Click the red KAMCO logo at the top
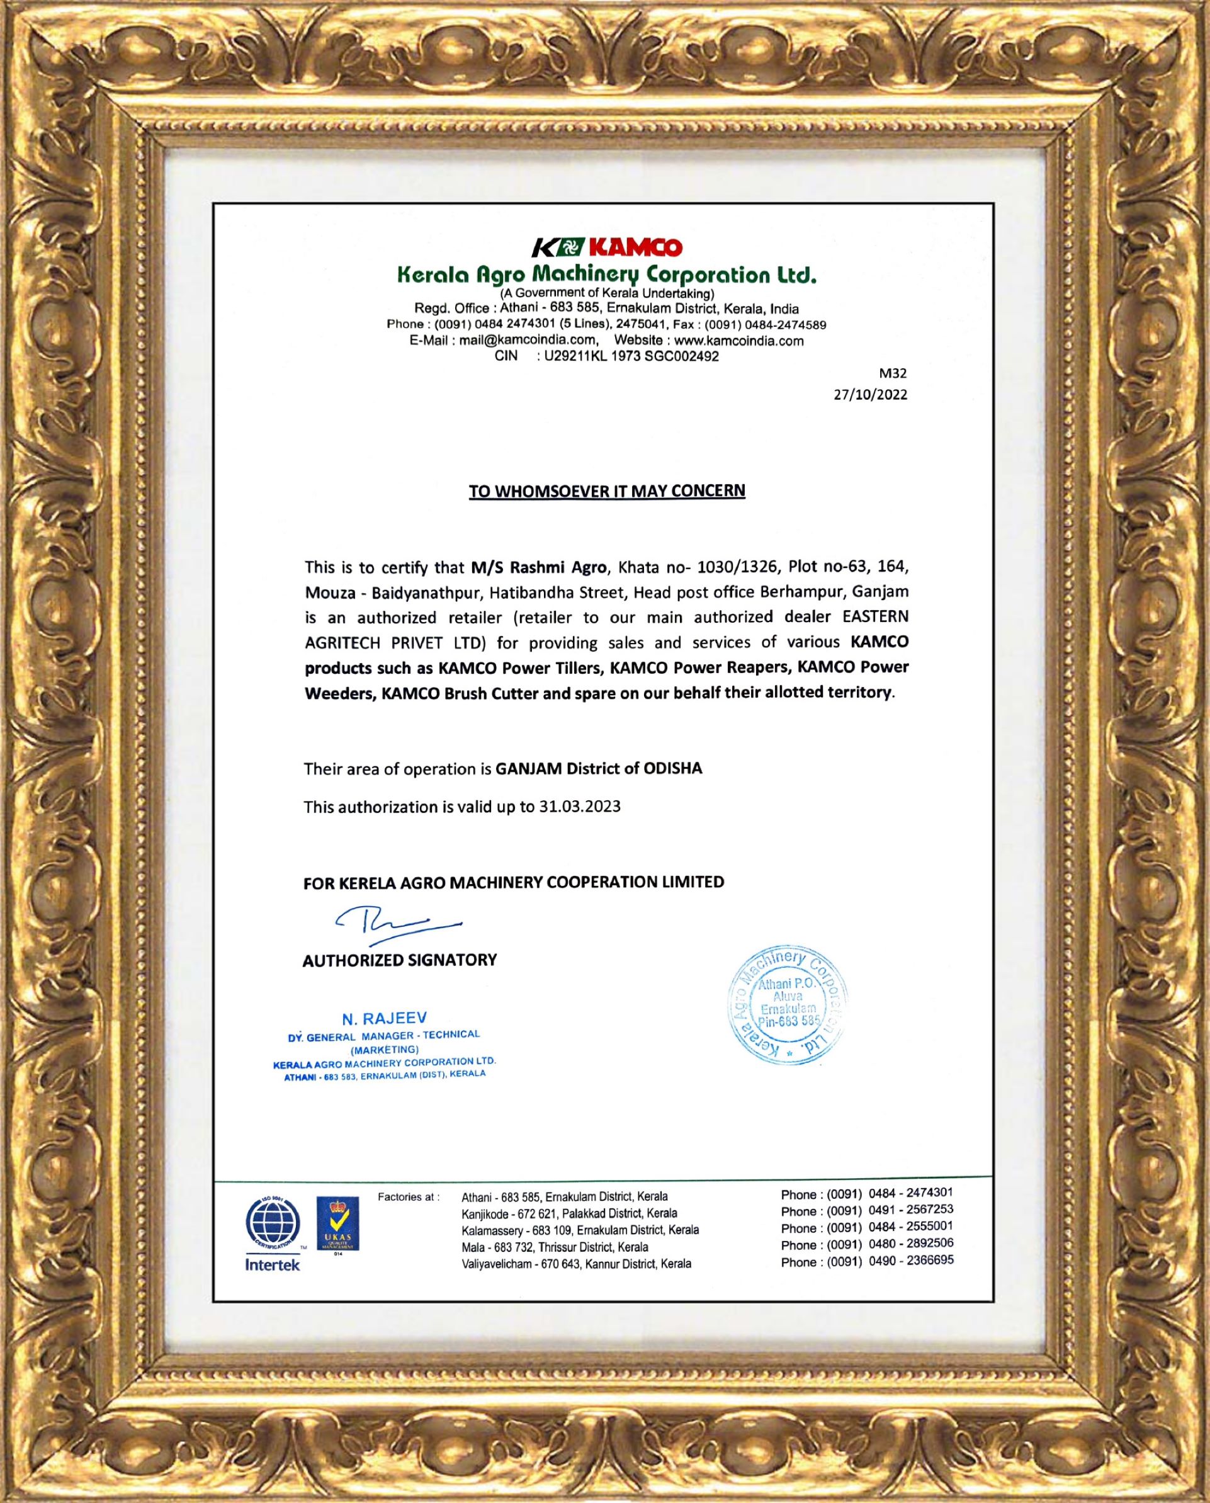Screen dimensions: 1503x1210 pyautogui.click(x=606, y=247)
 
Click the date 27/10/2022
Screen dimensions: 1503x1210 pyautogui.click(x=871, y=395)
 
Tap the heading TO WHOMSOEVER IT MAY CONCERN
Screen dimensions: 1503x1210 pyautogui.click(x=606, y=491)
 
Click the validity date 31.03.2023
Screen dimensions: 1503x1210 pyautogui.click(x=579, y=807)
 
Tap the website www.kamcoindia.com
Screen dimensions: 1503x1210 pyautogui.click(x=739, y=340)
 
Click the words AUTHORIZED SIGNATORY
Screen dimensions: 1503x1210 pyautogui.click(x=399, y=960)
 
